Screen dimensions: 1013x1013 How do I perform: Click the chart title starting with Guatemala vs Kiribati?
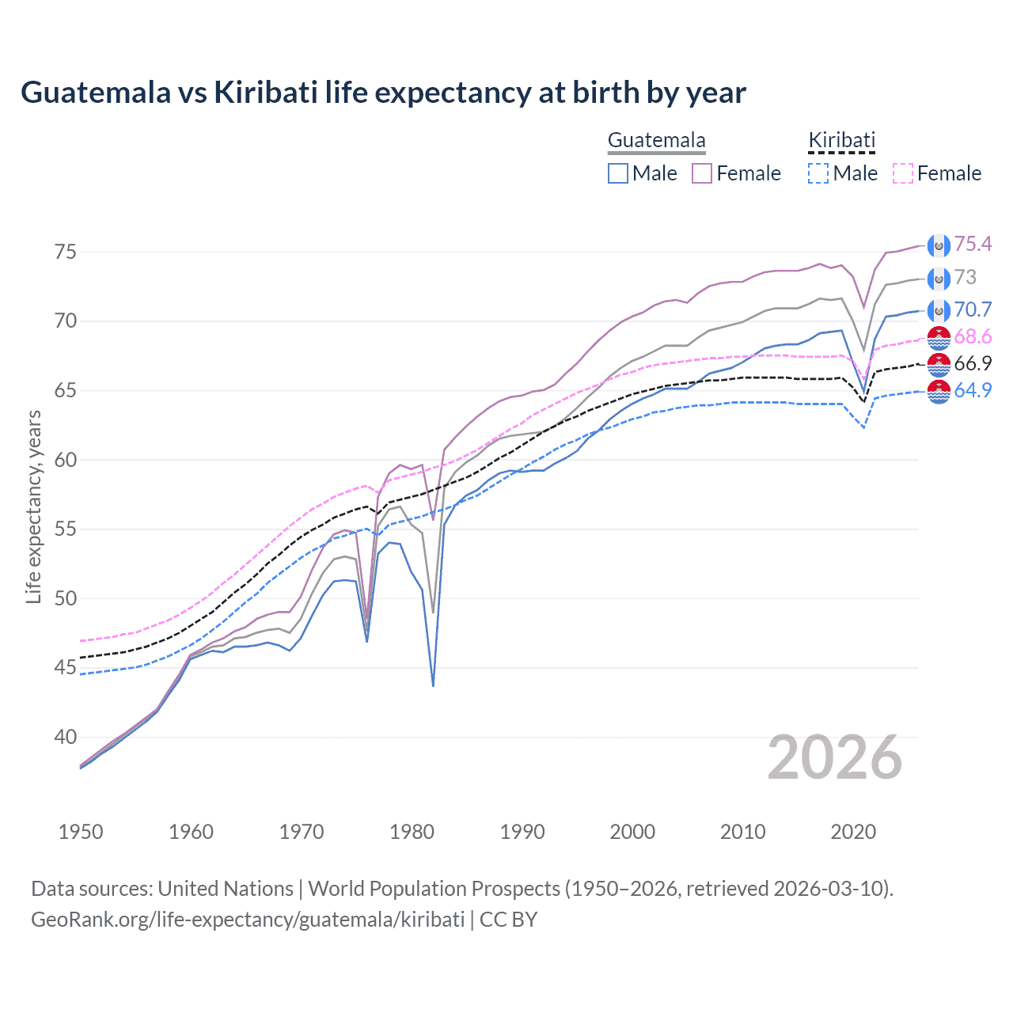[383, 93]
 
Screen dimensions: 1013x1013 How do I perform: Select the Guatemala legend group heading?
[656, 141]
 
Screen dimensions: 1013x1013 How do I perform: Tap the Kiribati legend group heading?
[841, 141]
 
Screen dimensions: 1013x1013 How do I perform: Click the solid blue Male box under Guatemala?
[618, 173]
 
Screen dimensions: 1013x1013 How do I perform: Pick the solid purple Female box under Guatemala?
[702, 173]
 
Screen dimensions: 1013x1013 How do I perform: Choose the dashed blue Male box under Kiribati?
[818, 173]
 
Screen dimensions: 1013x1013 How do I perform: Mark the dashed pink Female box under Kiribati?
[903, 173]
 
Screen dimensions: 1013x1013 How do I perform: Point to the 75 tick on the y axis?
[65, 252]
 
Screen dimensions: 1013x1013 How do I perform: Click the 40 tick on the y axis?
[65, 737]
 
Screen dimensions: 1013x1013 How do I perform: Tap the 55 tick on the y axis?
[65, 529]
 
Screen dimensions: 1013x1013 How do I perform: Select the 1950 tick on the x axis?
[81, 832]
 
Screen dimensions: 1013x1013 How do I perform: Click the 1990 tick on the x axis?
[522, 832]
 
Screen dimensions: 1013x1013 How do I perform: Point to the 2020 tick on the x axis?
[853, 832]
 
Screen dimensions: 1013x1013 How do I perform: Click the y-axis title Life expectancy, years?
[33, 506]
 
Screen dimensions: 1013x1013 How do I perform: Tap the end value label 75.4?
[973, 244]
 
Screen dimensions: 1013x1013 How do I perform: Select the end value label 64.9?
[973, 390]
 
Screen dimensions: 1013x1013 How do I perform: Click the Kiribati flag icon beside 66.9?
[939, 364]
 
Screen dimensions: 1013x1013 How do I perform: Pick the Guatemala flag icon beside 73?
[939, 278]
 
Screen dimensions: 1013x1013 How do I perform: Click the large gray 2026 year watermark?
[834, 757]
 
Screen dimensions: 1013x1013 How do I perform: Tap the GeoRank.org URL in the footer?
[248, 920]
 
